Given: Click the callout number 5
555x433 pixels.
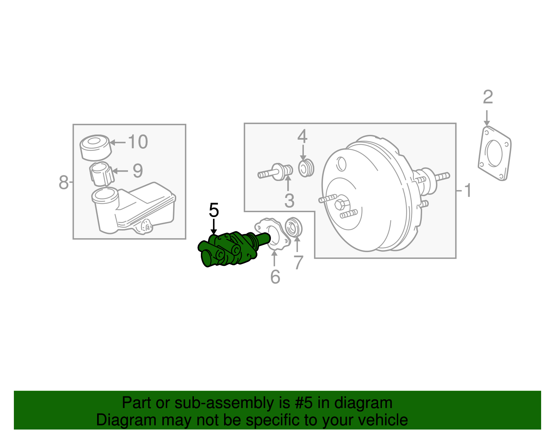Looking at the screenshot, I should pos(214,210).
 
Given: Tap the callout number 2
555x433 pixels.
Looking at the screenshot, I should pos(488,97).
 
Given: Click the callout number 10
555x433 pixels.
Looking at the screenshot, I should pos(138,142).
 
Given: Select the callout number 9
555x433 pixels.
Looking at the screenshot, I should pos(138,171).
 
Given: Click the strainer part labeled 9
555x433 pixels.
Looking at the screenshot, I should pos(102,174).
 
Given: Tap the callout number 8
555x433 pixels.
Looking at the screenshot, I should pos(63,182).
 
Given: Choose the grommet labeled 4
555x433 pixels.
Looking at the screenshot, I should pos(306,168).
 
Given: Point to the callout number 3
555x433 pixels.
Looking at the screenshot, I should pos(289,201).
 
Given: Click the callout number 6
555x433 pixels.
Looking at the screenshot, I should pos(275,277).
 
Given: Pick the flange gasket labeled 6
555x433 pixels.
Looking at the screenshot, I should pos(272,233).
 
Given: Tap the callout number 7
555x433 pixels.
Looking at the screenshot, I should pos(298,262).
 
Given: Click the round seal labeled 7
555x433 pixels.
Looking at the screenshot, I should pos(293,227).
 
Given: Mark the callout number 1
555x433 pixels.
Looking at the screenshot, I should pos(468,190).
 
